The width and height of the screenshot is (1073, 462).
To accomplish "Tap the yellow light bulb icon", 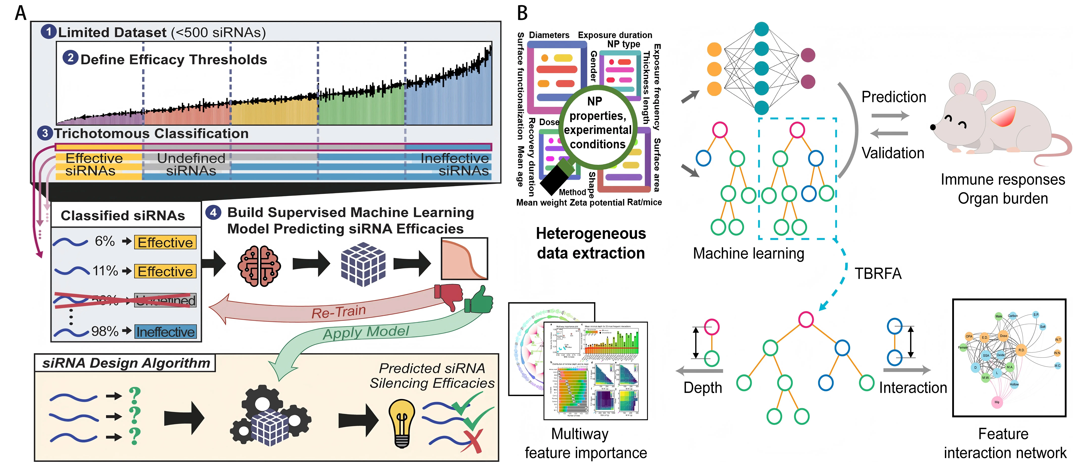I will (402, 422).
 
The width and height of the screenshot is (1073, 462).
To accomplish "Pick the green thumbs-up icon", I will (479, 300).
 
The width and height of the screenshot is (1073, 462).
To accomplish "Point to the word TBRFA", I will (878, 274).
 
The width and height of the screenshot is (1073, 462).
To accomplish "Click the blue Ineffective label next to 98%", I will (165, 332).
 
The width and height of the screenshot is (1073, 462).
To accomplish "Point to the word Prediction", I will (893, 97).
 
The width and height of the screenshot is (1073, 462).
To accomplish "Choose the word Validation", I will (893, 153).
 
